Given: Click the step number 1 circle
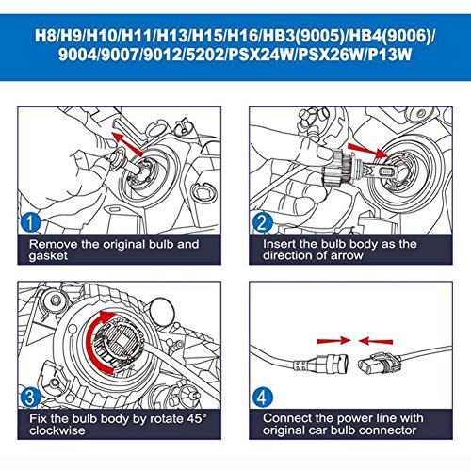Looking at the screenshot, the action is pos(30,222).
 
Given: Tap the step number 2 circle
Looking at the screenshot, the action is pos(263,222).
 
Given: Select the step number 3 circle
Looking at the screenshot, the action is pos(30,397).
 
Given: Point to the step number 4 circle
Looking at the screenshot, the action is pos(262,398).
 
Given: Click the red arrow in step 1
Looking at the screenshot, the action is pos(127,144).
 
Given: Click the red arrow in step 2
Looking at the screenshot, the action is pos(368,151).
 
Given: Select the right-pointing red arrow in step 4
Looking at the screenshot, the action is pos(333,341).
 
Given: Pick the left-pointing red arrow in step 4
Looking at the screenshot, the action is pos(376,341).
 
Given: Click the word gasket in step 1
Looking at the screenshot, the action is pos(48,256).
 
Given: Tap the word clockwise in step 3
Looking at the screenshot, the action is pos(57,430).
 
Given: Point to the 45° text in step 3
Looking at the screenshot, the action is pos(197,418).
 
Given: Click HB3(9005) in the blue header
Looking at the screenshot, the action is pos(303,36).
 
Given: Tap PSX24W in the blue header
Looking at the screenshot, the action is pos(262,55).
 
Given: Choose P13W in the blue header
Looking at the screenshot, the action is pos(390,55).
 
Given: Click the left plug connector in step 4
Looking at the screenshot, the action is pos(321,365).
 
